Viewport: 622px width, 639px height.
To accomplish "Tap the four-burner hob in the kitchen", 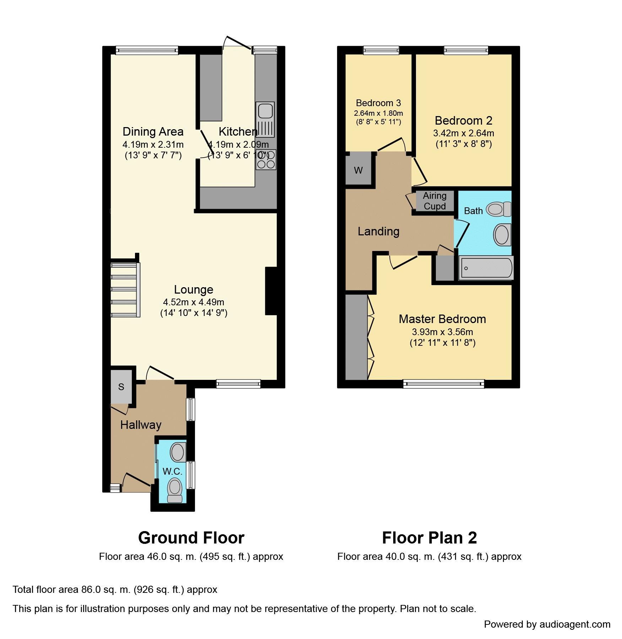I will [x=266, y=160].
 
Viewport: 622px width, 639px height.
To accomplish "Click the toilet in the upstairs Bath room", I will [x=499, y=209].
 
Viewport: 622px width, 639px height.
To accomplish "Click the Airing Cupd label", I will [x=435, y=201].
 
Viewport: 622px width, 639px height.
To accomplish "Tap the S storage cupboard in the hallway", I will [x=121, y=387].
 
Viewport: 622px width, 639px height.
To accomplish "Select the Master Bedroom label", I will [x=442, y=319].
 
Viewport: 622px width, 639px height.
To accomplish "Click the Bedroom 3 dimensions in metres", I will [x=378, y=113].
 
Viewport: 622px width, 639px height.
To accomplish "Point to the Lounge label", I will [x=194, y=290].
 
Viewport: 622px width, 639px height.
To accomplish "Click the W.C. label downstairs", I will [x=172, y=471].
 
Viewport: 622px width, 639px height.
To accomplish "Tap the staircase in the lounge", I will [x=125, y=290].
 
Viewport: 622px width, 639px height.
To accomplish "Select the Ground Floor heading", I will [x=191, y=538].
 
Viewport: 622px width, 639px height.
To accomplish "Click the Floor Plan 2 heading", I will [x=429, y=538].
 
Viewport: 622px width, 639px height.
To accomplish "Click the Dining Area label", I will [x=153, y=132].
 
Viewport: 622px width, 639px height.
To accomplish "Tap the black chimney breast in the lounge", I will [x=271, y=291].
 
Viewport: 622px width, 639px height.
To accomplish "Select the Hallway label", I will [x=141, y=425].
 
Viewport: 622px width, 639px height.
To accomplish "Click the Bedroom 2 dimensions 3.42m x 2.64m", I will [x=464, y=133].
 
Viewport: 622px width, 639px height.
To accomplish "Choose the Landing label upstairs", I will [x=378, y=231].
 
